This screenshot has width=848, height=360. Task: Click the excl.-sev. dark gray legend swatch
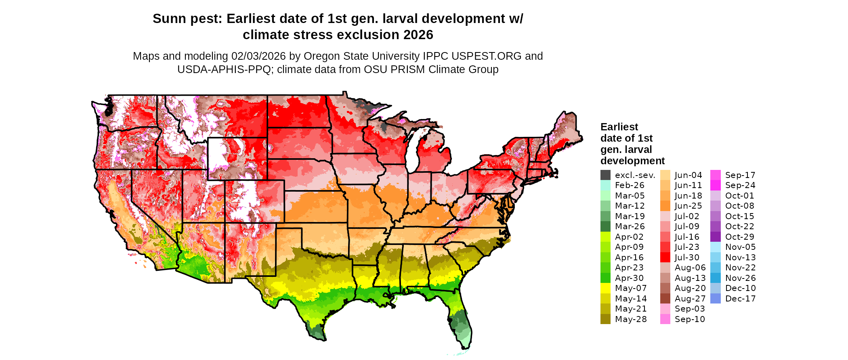[x=605, y=175]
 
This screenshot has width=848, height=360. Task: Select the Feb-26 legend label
[x=630, y=185]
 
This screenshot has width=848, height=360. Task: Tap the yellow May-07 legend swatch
[x=605, y=288]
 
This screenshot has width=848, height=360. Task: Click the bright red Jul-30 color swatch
[x=665, y=257]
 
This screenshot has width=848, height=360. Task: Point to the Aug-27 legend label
[x=690, y=299]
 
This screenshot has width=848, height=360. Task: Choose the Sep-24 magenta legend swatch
[x=715, y=185]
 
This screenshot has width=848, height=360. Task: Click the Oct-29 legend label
[x=739, y=237]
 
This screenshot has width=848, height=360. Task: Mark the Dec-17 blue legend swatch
[x=715, y=299]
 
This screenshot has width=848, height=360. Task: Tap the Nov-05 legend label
[x=740, y=247]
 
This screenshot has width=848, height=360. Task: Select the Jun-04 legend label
[x=688, y=175]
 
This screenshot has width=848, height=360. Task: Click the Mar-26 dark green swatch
[x=605, y=226]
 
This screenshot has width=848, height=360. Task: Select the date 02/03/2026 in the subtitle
[x=258, y=56]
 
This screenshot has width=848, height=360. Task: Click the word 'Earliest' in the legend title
[x=619, y=127]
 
